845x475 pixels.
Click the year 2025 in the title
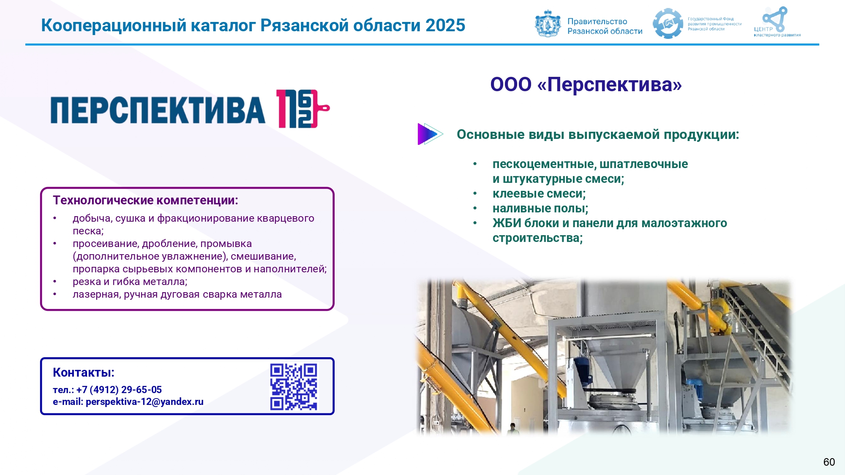click(x=445, y=25)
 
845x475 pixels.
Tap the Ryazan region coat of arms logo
click(x=548, y=24)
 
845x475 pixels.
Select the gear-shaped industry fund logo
click(x=668, y=24)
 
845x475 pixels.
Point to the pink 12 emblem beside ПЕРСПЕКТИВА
click(x=303, y=109)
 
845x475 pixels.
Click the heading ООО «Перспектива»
click(x=586, y=84)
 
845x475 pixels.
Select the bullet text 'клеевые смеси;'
click(x=539, y=194)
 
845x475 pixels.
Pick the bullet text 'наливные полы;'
click(x=540, y=209)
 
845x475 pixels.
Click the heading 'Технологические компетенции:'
click(x=145, y=200)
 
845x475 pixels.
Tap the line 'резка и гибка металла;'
click(x=130, y=282)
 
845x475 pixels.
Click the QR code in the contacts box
click(x=294, y=387)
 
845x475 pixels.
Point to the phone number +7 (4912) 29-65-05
click(x=119, y=390)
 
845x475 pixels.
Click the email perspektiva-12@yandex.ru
click(x=144, y=402)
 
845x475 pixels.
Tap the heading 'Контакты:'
click(x=84, y=372)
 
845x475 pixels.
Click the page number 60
click(x=829, y=462)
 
